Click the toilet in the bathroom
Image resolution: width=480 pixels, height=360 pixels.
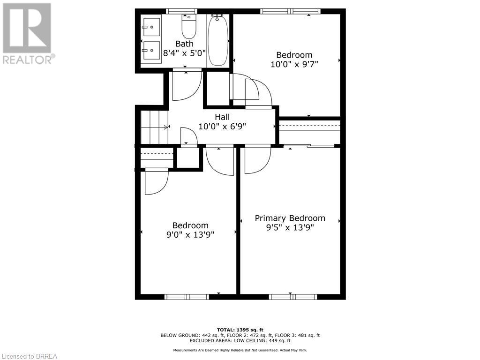coord(189,28)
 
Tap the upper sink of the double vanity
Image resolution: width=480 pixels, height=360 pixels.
coord(151,28)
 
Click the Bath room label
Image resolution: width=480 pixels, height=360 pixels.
coord(184,44)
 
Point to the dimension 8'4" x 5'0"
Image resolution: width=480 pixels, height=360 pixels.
coord(184,53)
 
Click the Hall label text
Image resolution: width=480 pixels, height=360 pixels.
coord(222,117)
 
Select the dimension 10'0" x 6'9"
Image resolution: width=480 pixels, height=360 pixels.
coord(222,126)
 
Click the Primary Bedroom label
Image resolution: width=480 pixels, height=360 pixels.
coord(290,218)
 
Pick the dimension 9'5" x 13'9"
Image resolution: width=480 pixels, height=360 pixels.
coord(290,227)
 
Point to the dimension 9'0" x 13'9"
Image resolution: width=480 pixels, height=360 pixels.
coord(190,234)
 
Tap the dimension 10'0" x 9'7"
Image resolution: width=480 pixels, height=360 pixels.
coord(294,64)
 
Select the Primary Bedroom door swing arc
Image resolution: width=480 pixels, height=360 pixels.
coord(258,160)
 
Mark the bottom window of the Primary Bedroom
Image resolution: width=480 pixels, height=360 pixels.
coord(293,296)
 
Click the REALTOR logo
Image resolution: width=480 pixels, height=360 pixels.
coord(28,33)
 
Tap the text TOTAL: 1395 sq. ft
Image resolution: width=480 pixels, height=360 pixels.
coord(240,330)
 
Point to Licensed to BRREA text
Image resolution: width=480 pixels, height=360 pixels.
coord(29,356)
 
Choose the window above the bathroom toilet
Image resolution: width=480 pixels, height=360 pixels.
coord(181,11)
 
